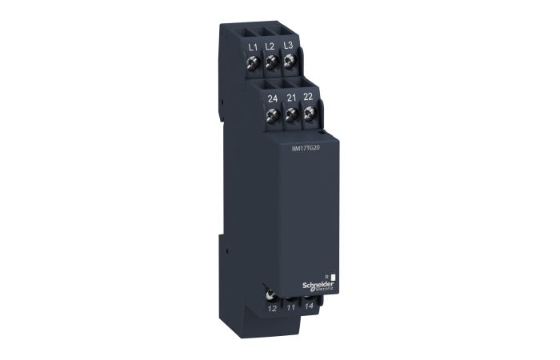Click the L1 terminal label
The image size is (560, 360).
coord(253,46)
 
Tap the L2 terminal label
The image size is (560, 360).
coord(270,46)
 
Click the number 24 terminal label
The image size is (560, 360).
coord(274,100)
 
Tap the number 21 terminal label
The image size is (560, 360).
coord(290,99)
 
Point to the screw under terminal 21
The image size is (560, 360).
coord(291,115)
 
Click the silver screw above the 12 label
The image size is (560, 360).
coord(273,295)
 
